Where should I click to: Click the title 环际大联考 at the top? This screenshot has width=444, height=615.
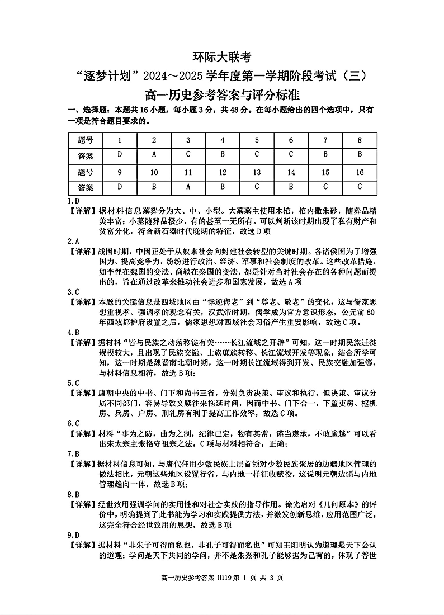[222, 56]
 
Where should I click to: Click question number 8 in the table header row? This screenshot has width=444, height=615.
[360, 140]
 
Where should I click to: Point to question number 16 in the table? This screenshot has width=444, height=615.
[360, 172]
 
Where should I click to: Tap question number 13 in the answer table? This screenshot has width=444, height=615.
[257, 172]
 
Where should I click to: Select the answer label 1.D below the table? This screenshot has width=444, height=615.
[73, 201]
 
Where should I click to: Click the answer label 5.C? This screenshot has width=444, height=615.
[73, 383]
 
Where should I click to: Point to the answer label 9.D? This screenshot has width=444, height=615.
[73, 535]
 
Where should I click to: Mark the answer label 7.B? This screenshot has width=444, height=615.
[73, 453]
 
